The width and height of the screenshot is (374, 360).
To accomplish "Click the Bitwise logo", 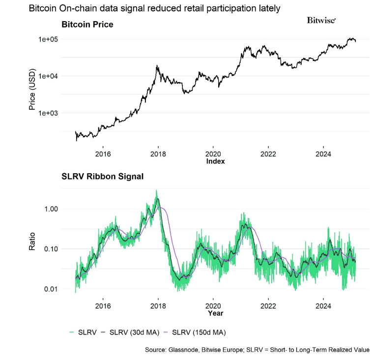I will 321,20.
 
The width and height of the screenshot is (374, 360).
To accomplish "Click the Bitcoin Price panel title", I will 86,24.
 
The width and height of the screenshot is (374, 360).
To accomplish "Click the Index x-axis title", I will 215,161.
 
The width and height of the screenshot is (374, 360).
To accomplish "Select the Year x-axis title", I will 215,312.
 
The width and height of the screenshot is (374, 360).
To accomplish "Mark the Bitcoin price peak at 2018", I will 157,65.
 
